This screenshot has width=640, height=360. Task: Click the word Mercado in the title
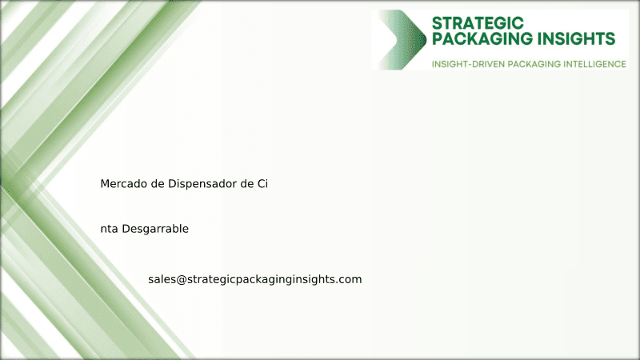(x=123, y=184)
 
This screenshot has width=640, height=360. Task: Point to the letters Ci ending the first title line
(x=262, y=184)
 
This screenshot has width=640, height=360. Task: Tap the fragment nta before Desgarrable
(x=109, y=229)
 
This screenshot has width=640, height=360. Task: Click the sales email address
(x=255, y=279)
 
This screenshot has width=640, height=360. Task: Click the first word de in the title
(x=158, y=184)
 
